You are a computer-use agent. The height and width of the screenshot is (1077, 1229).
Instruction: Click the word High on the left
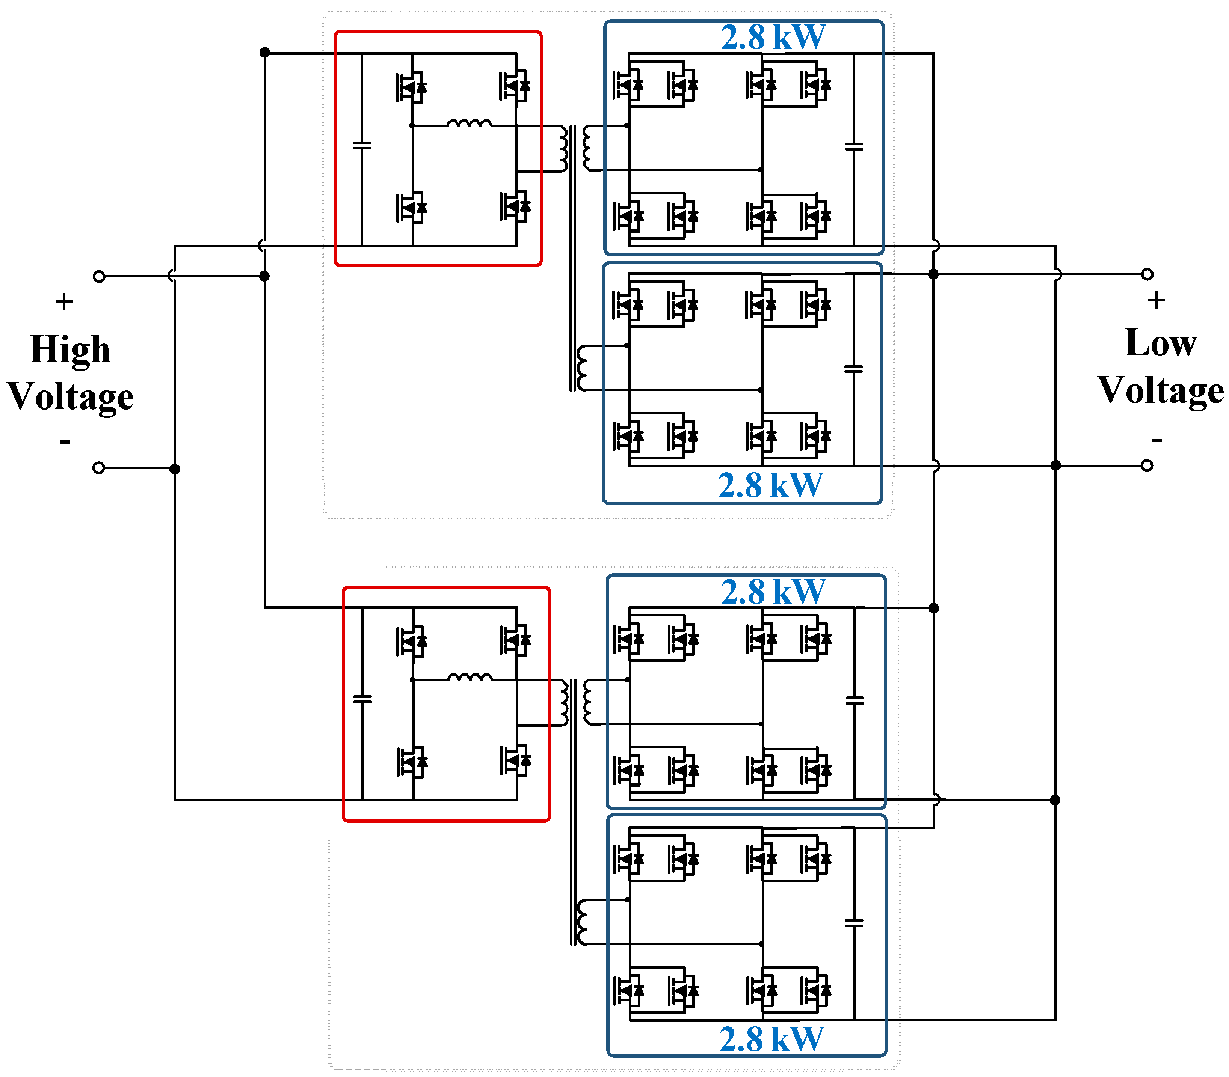tap(70, 350)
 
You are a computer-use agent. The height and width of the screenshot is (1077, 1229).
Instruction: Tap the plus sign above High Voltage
tap(64, 301)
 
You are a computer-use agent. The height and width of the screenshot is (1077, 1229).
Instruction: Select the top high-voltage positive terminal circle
tap(99, 276)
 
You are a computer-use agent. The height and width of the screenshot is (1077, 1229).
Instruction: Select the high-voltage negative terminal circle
tap(99, 468)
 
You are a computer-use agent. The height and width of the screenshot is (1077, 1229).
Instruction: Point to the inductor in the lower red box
tap(470, 677)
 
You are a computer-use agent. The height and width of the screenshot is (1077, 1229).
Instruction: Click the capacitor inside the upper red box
tap(361, 145)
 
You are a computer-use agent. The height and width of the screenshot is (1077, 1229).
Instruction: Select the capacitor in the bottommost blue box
tap(854, 923)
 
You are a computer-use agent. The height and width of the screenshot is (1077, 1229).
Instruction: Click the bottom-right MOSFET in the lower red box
tap(515, 761)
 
